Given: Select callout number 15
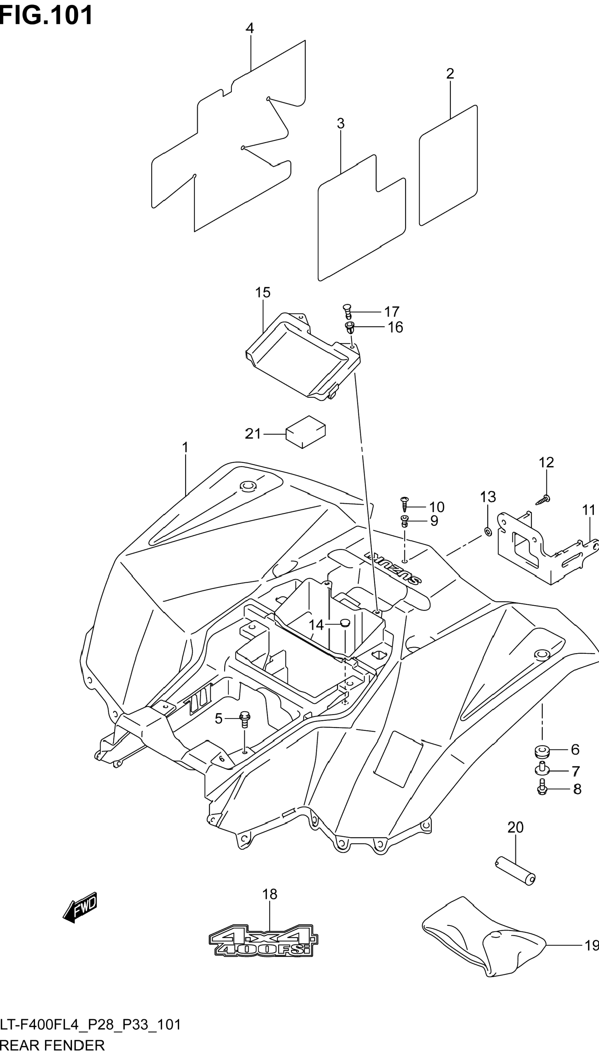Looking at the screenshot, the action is (262, 292).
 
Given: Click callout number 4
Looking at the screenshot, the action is (250, 28).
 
